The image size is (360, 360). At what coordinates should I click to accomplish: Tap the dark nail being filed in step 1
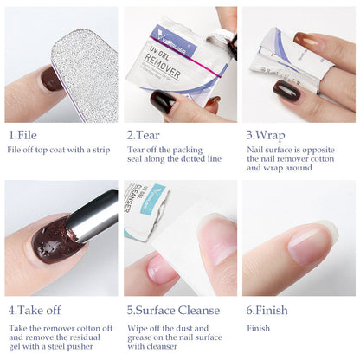pos(52,80)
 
